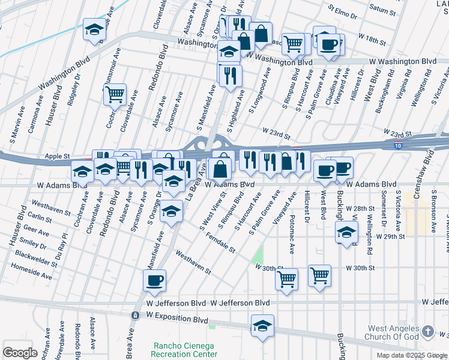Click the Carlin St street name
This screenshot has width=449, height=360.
(x=40, y=218)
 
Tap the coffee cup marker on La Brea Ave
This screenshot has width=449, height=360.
(x=155, y=280)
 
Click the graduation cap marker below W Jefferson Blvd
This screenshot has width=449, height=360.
(x=262, y=326)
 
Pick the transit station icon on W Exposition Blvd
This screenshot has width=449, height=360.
(x=134, y=314)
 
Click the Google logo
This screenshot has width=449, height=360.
(x=20, y=353)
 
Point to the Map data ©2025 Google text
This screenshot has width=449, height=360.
(x=412, y=355)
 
